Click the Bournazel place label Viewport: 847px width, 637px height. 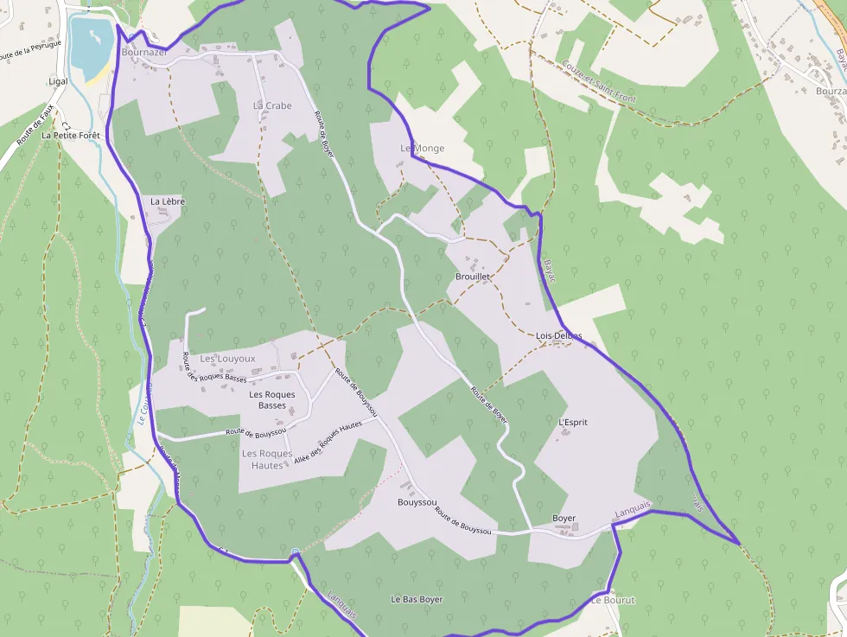pyautogui.click(x=144, y=52)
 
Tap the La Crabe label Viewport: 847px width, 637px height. pyautogui.click(x=272, y=105)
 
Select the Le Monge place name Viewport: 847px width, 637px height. pyautogui.click(x=422, y=148)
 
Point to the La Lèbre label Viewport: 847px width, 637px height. pyautogui.click(x=168, y=201)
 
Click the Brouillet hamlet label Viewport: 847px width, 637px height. pyautogui.click(x=473, y=277)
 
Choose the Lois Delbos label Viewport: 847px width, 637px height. pyautogui.click(x=558, y=335)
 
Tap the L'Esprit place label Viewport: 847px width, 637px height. pyautogui.click(x=573, y=423)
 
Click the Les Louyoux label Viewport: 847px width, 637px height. pyautogui.click(x=228, y=358)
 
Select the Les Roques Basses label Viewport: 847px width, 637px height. pyautogui.click(x=272, y=400)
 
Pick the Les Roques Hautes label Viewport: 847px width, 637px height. pyautogui.click(x=267, y=459)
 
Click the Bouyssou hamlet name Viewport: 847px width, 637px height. pyautogui.click(x=417, y=502)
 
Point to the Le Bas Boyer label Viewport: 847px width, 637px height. pyautogui.click(x=417, y=599)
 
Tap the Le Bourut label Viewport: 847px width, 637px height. pyautogui.click(x=614, y=600)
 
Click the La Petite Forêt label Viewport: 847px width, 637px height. pyautogui.click(x=71, y=136)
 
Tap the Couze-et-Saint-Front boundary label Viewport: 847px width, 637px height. pyautogui.click(x=598, y=82)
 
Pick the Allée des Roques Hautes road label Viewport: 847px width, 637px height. pyautogui.click(x=328, y=442)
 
